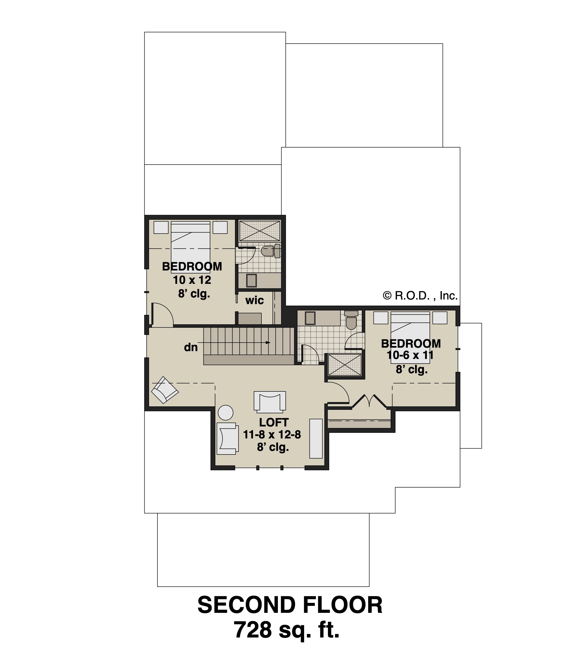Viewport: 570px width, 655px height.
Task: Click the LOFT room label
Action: (273, 422)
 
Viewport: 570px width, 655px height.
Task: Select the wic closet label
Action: (255, 300)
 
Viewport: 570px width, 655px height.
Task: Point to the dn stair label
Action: (191, 347)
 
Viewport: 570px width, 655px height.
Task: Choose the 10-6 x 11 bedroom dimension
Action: (410, 355)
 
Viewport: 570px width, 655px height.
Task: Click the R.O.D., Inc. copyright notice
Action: (420, 296)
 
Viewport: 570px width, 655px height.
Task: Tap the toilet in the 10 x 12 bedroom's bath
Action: (270, 251)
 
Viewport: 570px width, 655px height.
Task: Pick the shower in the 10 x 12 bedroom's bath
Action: (260, 231)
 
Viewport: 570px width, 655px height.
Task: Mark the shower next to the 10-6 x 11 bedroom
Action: (345, 364)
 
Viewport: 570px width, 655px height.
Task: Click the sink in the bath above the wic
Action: (251, 281)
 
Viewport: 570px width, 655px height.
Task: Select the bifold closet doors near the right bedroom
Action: (369, 401)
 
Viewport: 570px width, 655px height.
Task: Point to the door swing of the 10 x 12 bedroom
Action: (163, 315)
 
